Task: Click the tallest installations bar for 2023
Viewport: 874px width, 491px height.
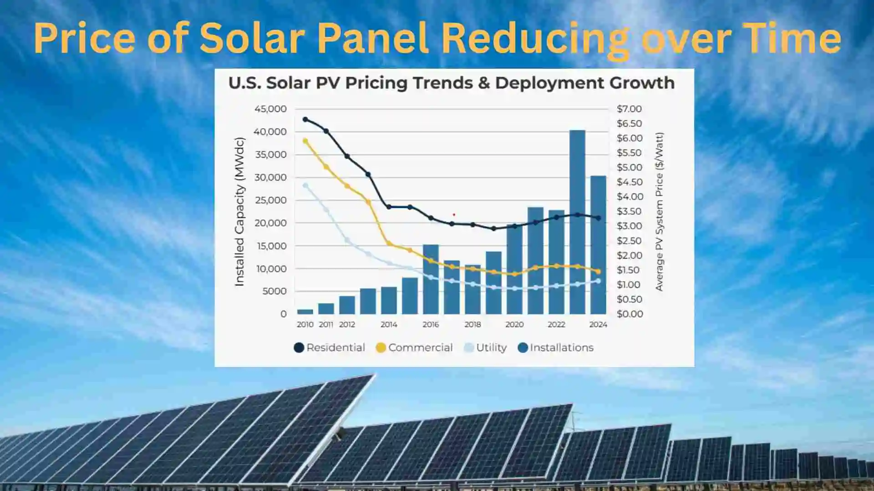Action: click(577, 223)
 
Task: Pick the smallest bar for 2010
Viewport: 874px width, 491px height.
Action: click(305, 312)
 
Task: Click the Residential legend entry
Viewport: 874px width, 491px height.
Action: click(330, 348)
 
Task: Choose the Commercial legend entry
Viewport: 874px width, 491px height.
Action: click(414, 348)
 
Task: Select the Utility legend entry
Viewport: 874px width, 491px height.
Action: click(485, 348)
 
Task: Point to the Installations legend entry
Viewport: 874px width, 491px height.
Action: click(556, 348)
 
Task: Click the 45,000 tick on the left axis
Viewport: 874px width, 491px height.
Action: click(270, 109)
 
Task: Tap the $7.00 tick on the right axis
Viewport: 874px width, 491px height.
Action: click(629, 109)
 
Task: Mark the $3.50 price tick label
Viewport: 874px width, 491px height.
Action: click(629, 211)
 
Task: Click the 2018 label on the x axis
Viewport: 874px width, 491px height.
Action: click(473, 325)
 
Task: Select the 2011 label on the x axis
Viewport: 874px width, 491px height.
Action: click(326, 325)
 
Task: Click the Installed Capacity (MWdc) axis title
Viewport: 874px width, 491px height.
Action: click(239, 211)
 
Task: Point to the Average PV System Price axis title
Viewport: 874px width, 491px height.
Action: click(659, 211)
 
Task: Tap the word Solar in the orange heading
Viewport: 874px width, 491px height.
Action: click(252, 38)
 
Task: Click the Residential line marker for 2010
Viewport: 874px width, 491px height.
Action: click(305, 120)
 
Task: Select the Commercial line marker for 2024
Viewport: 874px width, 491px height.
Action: click(598, 271)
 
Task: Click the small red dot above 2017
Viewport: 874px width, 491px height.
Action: click(454, 215)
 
